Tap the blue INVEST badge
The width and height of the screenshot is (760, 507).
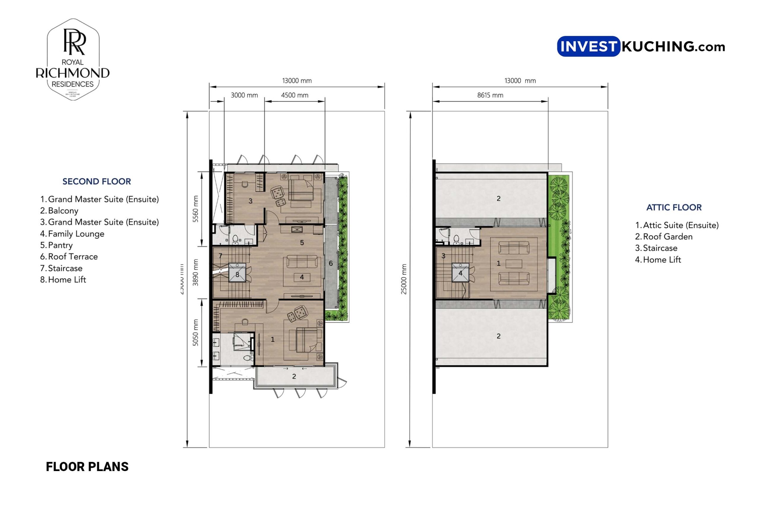click(588, 47)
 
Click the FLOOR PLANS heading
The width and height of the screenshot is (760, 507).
click(87, 467)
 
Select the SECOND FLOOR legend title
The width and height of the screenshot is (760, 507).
click(96, 181)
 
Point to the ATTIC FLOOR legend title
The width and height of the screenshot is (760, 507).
click(674, 207)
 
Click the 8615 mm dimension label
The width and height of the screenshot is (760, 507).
click(490, 95)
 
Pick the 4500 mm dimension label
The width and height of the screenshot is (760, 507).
click(294, 95)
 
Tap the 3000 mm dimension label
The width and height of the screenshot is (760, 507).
click(244, 95)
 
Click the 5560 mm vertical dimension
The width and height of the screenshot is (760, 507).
click(195, 209)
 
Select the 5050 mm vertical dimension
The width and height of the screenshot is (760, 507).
click(195, 333)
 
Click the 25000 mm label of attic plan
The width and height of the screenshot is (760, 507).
click(404, 279)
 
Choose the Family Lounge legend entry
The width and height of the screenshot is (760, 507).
click(76, 234)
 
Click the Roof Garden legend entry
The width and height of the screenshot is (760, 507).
click(667, 237)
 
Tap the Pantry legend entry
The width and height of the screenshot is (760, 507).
click(60, 245)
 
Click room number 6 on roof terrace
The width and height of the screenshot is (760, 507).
click(330, 264)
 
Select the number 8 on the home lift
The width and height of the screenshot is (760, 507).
click(237, 275)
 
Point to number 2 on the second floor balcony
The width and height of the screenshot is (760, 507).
click(294, 376)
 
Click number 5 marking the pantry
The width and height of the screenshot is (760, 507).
click(302, 243)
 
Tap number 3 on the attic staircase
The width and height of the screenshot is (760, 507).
click(443, 256)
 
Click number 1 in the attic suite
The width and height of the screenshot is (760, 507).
click(498, 264)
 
